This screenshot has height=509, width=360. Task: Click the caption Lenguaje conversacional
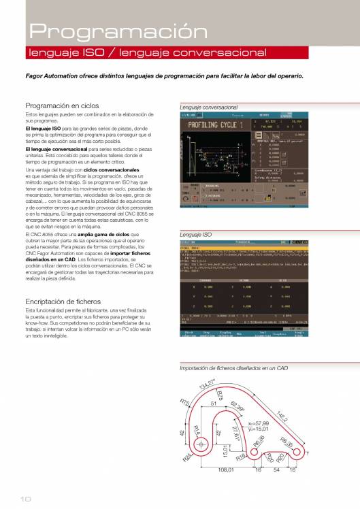click(208, 108)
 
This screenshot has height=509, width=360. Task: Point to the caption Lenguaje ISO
click(195, 234)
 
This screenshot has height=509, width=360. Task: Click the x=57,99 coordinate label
click(259, 423)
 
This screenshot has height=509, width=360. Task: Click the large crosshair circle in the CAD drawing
click(203, 445)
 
